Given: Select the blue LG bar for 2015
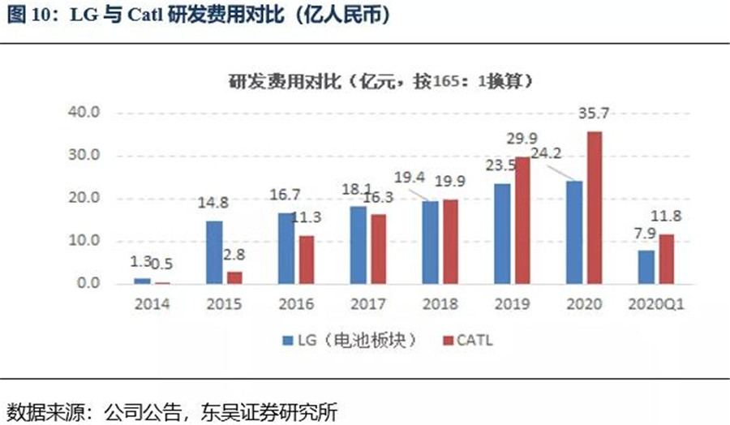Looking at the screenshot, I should pos(214,252).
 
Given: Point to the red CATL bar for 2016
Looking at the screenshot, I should pos(306,260).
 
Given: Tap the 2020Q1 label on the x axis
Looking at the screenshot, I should pos(653,305).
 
